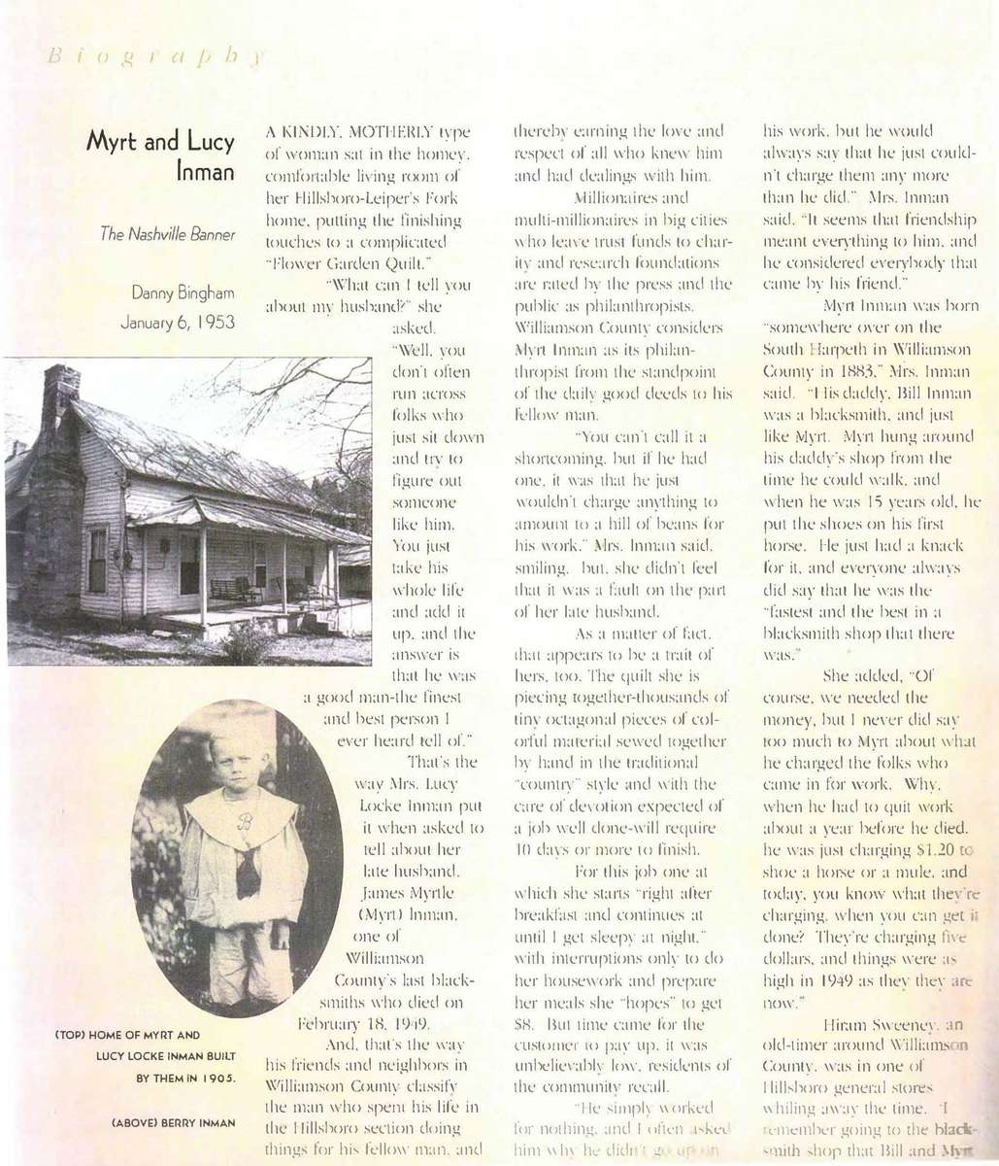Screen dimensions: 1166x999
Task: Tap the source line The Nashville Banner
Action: (x=168, y=236)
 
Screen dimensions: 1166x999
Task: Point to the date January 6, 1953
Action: (x=178, y=323)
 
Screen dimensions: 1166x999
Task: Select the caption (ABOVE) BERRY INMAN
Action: (x=174, y=1123)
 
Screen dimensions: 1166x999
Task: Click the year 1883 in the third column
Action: (x=855, y=370)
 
